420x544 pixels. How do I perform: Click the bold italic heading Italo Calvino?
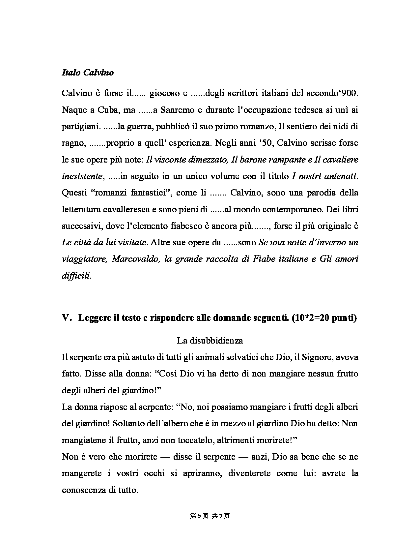(88, 73)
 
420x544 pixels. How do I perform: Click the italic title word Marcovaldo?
(135, 259)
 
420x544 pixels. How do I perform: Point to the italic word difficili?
(76, 276)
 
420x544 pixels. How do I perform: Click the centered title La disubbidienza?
(210, 341)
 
